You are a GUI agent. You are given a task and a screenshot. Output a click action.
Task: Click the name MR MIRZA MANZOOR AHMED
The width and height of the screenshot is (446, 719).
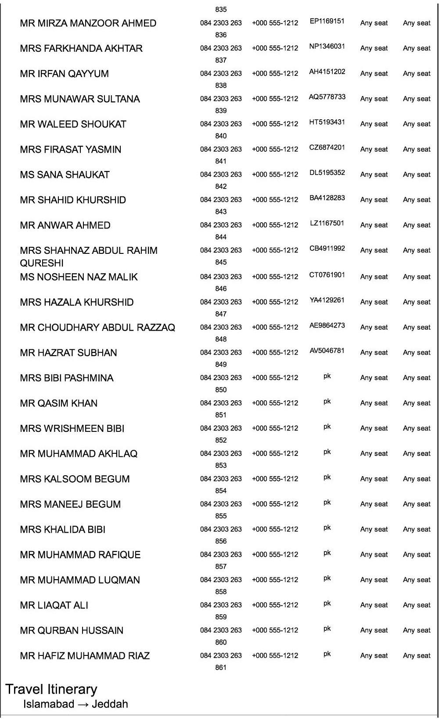tap(88, 23)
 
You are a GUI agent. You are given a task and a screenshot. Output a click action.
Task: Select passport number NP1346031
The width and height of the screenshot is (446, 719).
tap(327, 46)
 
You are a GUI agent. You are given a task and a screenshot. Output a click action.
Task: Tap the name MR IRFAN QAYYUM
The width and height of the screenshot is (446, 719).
tap(64, 74)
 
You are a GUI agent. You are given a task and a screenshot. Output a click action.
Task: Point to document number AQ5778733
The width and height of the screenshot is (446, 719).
tap(327, 96)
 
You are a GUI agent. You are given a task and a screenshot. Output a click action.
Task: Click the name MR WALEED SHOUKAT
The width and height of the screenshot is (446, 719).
tap(73, 124)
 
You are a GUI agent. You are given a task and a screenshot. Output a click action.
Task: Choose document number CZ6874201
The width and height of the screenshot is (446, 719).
tap(327, 147)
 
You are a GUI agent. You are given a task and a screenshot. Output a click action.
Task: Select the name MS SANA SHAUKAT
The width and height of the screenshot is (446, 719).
tap(65, 174)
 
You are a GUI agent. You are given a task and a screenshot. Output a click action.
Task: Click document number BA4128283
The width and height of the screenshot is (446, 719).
tap(327, 198)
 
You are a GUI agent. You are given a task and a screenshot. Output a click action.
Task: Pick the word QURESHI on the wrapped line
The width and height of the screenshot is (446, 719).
tap(42, 263)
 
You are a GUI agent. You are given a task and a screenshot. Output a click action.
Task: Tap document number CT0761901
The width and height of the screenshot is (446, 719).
tap(327, 275)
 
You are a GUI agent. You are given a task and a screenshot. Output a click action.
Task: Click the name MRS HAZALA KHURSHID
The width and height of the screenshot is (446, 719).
tap(76, 302)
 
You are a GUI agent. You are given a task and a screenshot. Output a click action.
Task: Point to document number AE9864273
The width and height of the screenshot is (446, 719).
tap(327, 325)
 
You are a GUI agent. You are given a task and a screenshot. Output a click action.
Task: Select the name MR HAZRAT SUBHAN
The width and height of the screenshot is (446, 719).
tap(68, 352)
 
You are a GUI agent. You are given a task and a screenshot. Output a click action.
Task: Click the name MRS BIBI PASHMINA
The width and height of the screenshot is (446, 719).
tap(66, 378)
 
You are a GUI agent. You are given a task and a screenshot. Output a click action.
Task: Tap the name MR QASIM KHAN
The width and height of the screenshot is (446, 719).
tap(58, 403)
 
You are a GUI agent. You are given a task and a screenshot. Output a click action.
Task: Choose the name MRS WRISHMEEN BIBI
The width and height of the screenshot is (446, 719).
tap(72, 428)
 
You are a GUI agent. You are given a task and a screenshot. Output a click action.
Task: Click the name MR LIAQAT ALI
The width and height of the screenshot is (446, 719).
tap(54, 605)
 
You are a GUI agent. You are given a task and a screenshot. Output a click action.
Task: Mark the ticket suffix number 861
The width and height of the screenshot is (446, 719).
tap(221, 667)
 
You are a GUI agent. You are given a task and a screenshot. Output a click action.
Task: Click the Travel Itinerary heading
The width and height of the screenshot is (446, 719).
tap(51, 689)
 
